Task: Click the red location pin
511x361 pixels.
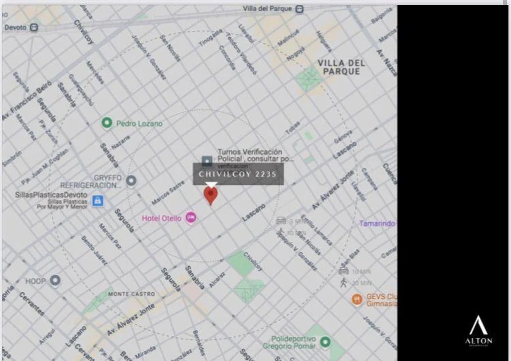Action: [211, 195]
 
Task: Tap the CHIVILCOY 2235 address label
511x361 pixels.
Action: [238, 174]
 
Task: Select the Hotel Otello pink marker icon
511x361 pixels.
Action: [191, 218]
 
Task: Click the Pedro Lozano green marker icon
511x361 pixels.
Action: [107, 123]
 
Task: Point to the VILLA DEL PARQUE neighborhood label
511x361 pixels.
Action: [341, 67]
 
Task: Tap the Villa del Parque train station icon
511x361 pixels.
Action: [300, 9]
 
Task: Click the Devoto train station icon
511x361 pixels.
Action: [34, 27]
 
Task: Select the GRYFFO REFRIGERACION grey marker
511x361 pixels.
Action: [131, 180]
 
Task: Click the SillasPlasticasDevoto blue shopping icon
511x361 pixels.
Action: [97, 201]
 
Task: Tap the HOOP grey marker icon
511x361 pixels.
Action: [55, 280]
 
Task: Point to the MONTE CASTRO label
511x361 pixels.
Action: [132, 294]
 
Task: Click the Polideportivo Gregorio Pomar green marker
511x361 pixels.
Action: [325, 342]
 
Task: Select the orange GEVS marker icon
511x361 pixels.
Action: [357, 299]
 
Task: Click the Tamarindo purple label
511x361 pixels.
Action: [377, 223]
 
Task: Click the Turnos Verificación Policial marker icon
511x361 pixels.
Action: [207, 161]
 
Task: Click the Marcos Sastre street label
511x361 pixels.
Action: [168, 193]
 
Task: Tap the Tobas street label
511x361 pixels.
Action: [293, 128]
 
